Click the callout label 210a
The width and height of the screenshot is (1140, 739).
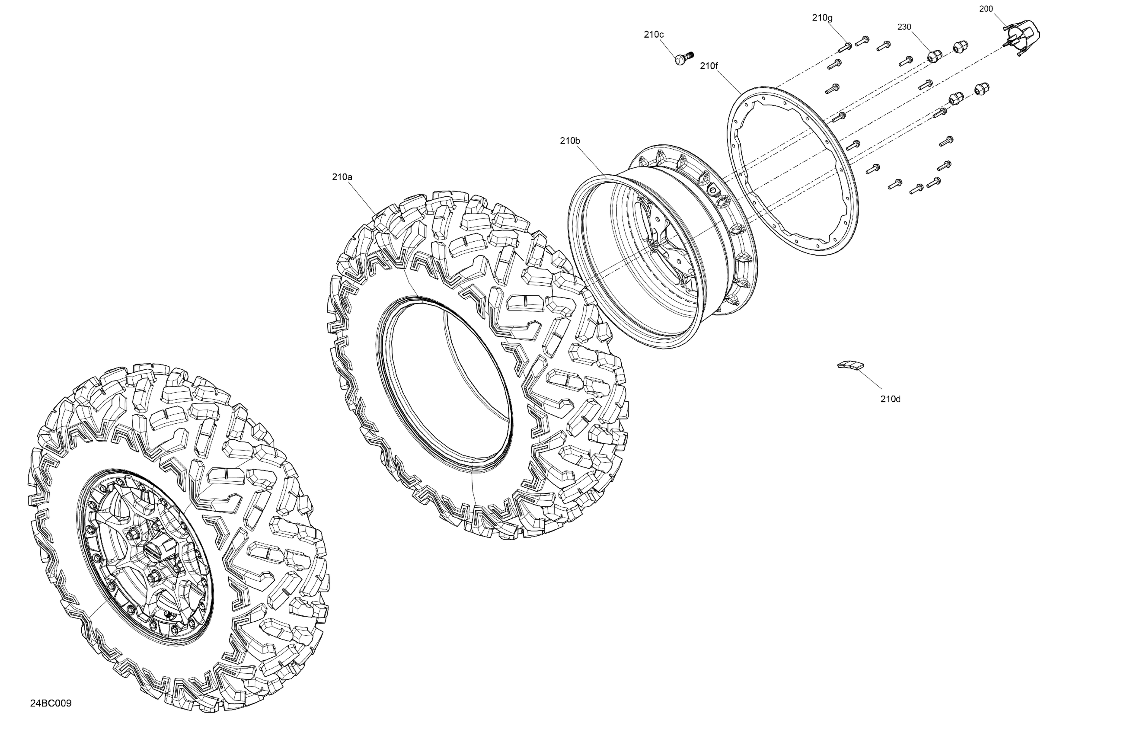(342, 177)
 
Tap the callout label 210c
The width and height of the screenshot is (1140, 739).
(654, 35)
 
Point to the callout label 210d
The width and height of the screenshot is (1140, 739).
(890, 399)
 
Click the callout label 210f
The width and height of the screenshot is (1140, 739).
(709, 66)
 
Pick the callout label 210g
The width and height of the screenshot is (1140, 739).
(822, 18)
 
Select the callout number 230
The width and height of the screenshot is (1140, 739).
(904, 27)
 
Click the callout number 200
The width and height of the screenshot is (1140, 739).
(986, 9)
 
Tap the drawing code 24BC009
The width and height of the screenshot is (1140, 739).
(51, 703)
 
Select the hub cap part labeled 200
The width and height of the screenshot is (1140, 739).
(1022, 36)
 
